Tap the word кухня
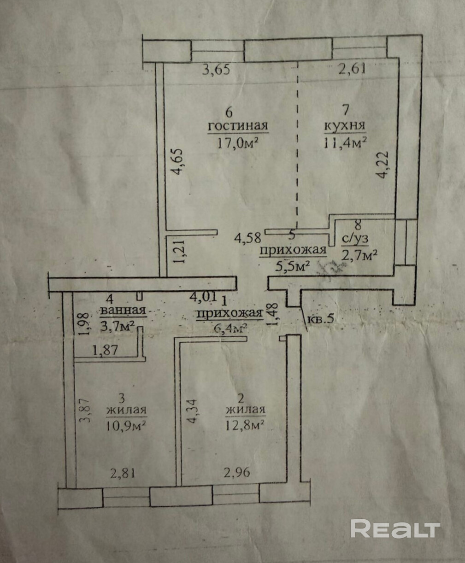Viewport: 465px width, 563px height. [345, 125]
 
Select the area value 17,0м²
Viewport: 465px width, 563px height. [238, 142]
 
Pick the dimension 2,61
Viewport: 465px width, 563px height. [352, 70]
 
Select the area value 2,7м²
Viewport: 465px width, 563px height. [360, 254]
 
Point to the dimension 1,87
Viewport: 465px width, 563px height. [106, 350]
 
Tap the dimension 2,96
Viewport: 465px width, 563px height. [237, 472]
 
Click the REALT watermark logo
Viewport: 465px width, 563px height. [395, 528]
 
